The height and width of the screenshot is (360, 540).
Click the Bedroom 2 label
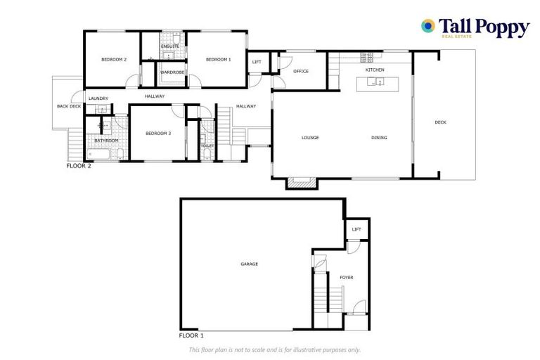[113, 60]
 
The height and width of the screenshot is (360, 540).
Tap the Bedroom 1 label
[218, 60]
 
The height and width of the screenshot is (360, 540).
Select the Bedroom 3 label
[158, 134]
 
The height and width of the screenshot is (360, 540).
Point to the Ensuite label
[170, 46]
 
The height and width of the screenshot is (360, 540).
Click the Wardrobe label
[172, 72]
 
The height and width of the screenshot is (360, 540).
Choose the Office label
[301, 71]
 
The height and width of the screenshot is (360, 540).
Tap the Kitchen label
[375, 70]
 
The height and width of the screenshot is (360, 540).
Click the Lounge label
[311, 138]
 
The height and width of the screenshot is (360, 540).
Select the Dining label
[379, 138]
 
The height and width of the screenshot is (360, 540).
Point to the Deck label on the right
[441, 122]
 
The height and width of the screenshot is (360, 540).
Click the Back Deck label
[69, 106]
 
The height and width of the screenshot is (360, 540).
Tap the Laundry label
[98, 98]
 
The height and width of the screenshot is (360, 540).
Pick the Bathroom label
[106, 141]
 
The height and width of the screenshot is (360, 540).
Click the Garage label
[250, 264]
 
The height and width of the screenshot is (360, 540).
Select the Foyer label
[346, 278]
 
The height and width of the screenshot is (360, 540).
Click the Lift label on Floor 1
[356, 229]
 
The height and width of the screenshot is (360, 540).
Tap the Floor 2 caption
[79, 167]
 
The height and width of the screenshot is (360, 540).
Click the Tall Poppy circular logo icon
[427, 26]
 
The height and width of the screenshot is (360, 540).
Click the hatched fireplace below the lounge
[302, 183]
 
